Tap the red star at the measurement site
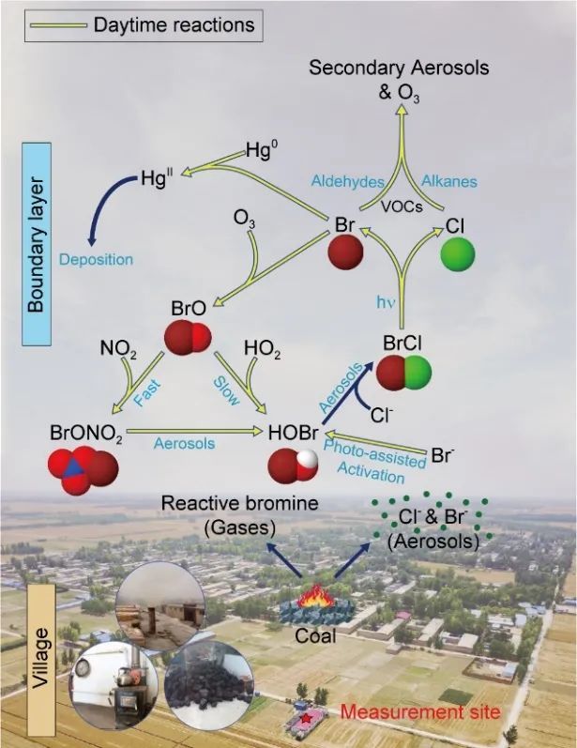306,720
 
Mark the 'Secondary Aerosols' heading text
399,69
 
